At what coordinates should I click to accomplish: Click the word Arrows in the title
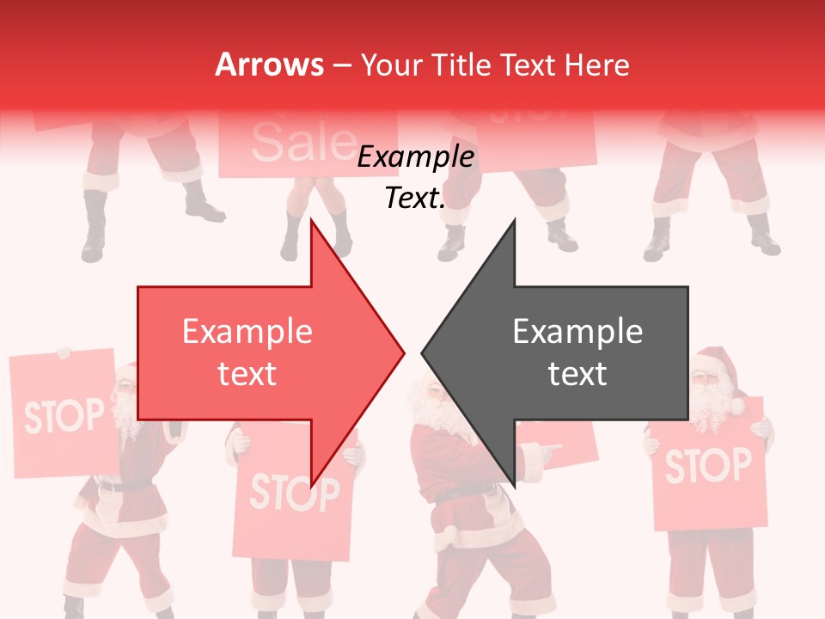point(269,64)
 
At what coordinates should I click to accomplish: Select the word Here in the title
point(596,64)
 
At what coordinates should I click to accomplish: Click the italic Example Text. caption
point(415,177)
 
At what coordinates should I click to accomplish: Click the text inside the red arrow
point(247,352)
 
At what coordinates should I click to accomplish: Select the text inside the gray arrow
point(577,352)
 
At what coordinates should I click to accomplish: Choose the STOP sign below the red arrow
point(294,494)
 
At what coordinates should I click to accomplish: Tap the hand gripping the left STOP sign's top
point(62,352)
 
